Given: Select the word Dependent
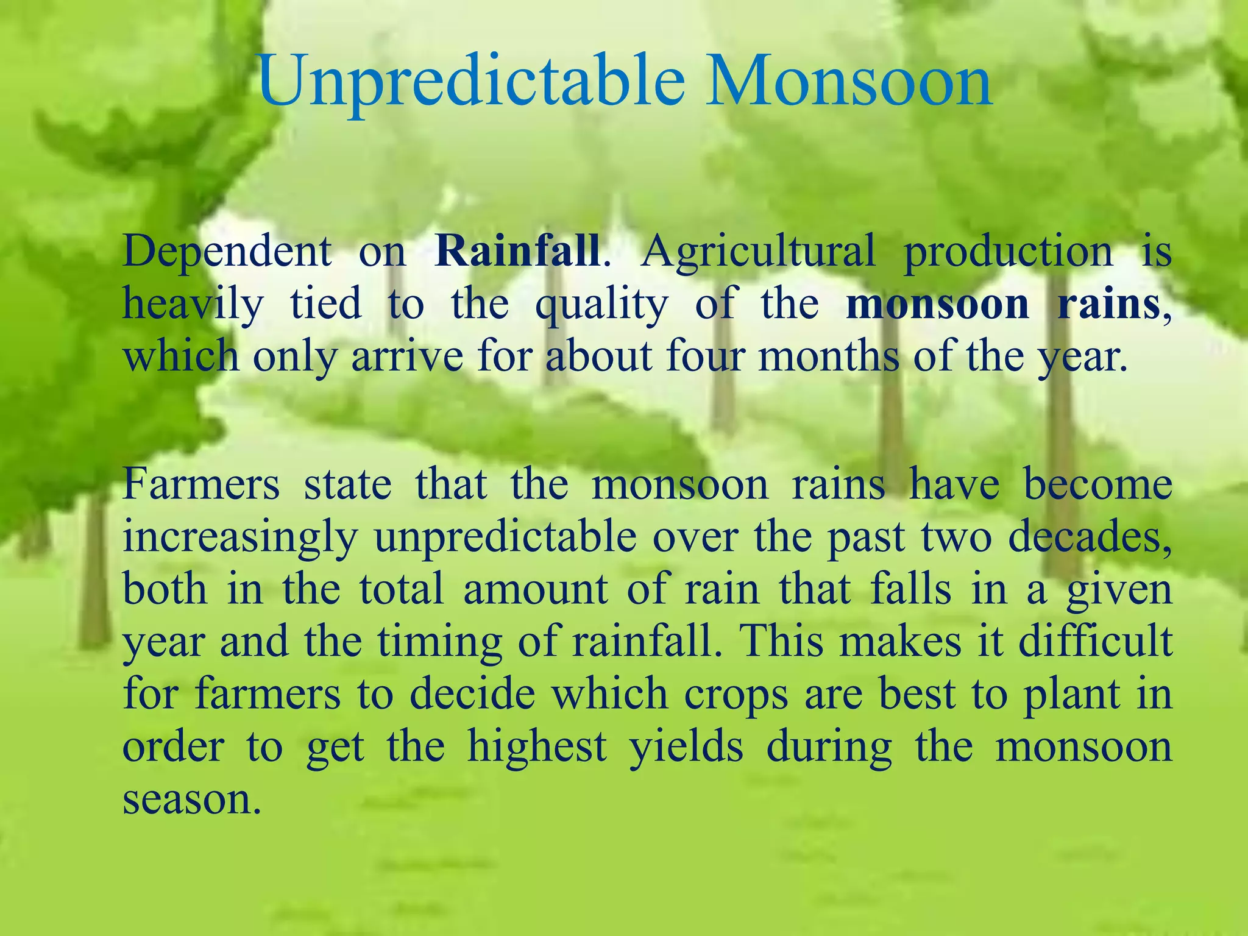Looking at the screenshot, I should tap(227, 252).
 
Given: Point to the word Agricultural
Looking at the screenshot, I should tap(757, 252).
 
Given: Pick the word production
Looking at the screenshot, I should tap(1008, 252).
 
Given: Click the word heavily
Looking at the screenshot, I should tap(193, 305).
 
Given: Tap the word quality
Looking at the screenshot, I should tap(601, 305).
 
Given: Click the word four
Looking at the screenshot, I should tap(705, 356).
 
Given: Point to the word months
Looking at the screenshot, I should tap(829, 355).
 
